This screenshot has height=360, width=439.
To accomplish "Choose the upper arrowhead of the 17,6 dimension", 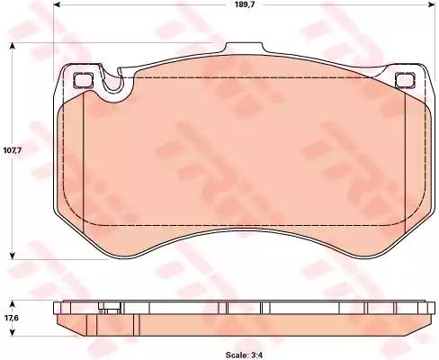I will tap(13, 299).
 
